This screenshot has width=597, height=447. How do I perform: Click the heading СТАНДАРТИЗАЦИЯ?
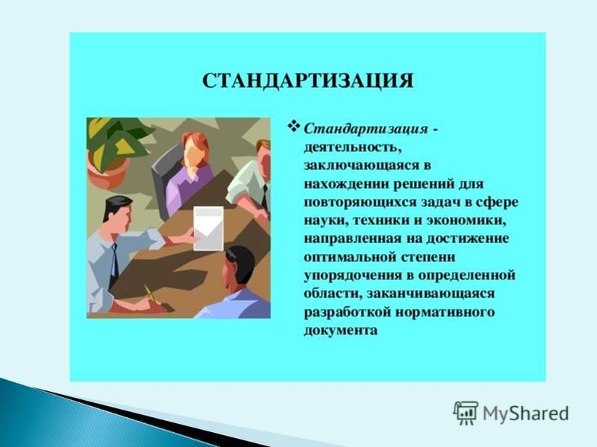pos(307,81)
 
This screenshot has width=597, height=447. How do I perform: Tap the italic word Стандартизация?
pos(366,129)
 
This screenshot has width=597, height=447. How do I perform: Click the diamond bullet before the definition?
pos(295,126)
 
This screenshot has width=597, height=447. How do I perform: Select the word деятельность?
pos(352,148)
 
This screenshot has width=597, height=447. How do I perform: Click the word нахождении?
pos(346,184)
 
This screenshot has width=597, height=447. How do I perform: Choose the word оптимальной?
pos(350,257)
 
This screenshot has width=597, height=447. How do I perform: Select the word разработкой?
pos(347,312)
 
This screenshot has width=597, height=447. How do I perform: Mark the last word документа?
pos(340,330)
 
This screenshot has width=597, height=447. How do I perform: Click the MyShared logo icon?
pos(466,413)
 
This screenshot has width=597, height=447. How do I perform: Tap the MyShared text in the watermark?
pos(526,413)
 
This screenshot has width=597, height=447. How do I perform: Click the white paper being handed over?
pos(208,229)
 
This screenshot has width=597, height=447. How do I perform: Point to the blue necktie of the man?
pos(113,260)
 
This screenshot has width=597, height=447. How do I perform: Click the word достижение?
pos(468,239)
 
